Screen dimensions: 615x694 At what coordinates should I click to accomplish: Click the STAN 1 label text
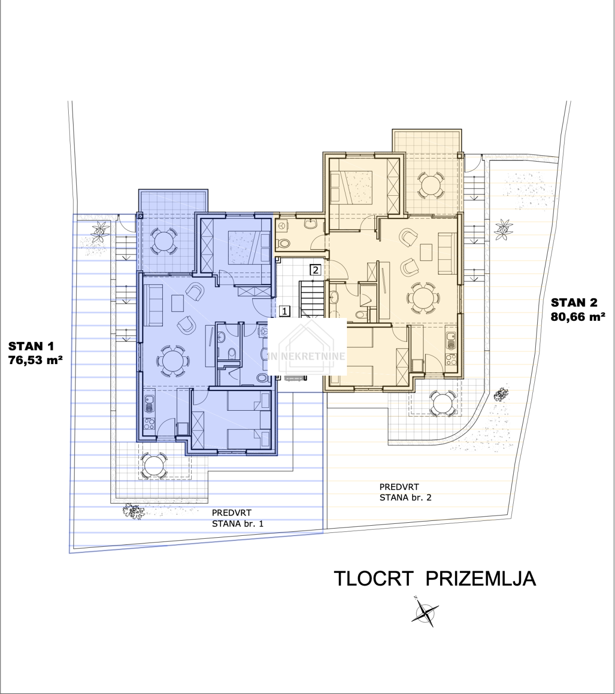31,346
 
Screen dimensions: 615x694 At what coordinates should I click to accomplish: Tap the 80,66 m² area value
578,317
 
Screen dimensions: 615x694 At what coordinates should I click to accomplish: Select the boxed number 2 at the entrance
315,270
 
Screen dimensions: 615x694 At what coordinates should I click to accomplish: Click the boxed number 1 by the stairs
285,311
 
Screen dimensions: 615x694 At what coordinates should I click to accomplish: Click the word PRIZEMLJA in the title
481,579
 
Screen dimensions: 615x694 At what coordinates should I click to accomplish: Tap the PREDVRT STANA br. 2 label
406,492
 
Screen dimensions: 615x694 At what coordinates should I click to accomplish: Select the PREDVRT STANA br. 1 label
238,518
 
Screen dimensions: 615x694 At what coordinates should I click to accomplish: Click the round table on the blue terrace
163,241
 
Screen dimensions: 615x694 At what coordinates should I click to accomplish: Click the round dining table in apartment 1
173,361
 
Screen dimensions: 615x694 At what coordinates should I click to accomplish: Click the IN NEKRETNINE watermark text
307,356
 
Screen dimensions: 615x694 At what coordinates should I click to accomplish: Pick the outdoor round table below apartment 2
443,403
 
